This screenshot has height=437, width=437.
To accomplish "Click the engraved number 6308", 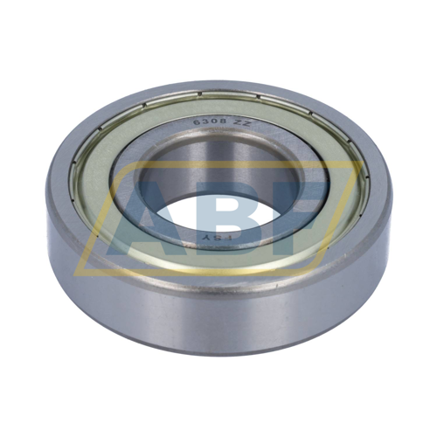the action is click(210, 122).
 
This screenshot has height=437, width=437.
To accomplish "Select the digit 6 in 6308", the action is click(198, 122).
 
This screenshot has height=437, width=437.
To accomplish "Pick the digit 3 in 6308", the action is click(206, 122).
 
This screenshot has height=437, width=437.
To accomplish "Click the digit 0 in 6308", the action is click(214, 122).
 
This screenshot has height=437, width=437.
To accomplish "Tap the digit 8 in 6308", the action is click(222, 123).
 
